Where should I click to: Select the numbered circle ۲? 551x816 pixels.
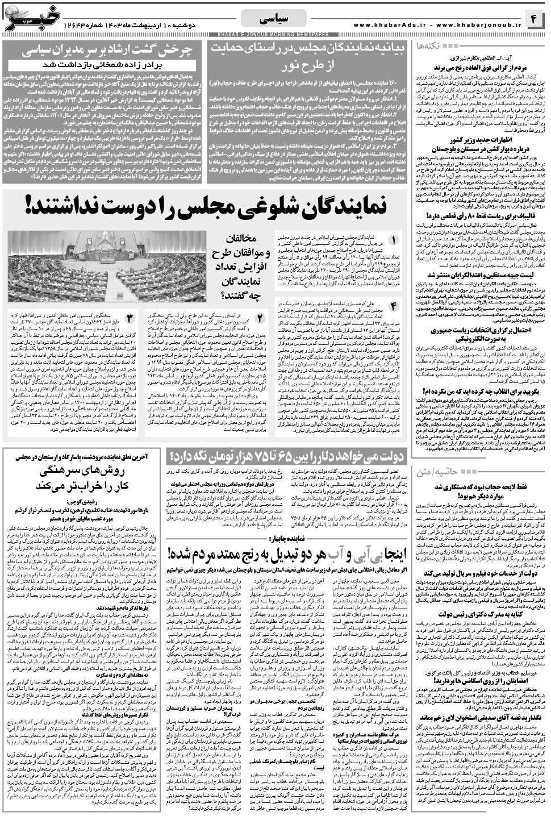click(x=259, y=316)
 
